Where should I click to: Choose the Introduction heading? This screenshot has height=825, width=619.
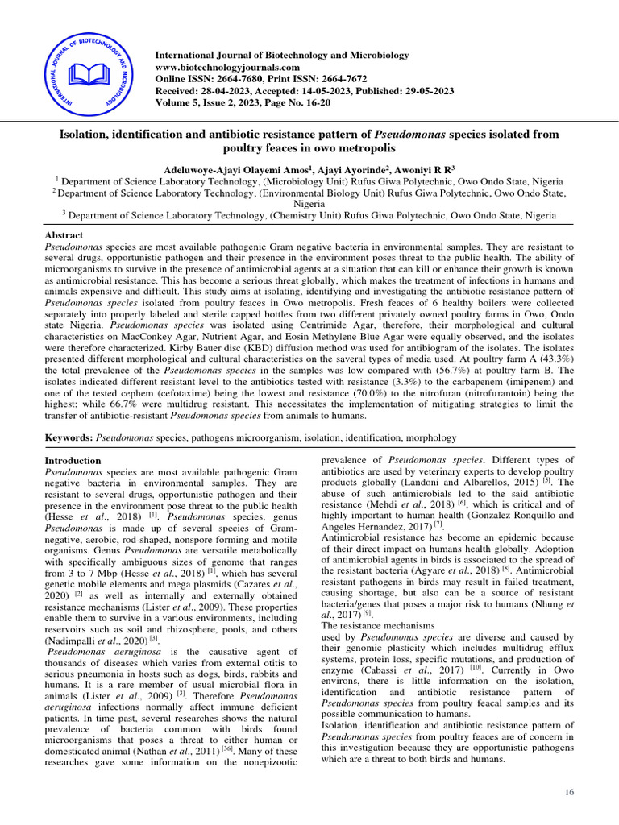(73, 461)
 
